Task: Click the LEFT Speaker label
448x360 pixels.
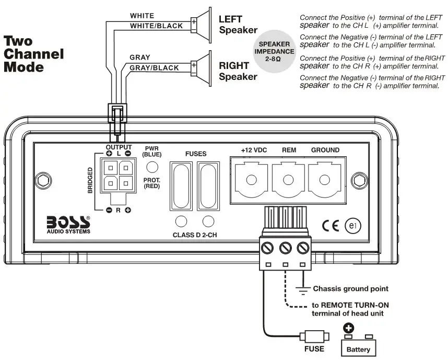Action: [238, 24]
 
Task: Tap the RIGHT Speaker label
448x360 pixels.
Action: [238, 72]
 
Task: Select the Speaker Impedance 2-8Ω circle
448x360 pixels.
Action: [275, 51]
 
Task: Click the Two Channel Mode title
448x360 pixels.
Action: [34, 54]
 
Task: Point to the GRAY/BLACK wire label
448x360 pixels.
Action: [154, 68]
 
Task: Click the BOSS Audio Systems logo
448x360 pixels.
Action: [68, 223]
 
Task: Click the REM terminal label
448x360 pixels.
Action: [289, 150]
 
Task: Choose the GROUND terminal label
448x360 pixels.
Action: [325, 150]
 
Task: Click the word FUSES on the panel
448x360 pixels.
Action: [196, 154]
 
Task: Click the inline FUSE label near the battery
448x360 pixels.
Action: [313, 349]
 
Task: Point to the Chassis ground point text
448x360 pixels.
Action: [350, 289]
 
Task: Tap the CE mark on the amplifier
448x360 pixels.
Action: [331, 226]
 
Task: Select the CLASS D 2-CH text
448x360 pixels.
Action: [195, 235]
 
